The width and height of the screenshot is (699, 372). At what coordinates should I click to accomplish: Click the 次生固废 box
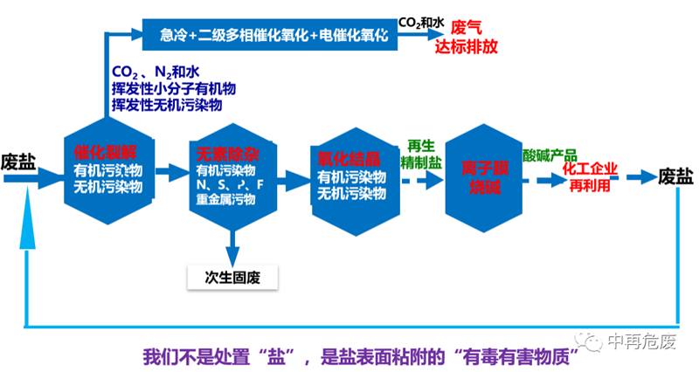coord(232,278)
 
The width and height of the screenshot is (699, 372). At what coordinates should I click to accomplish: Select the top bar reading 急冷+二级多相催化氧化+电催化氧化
coord(267,34)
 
